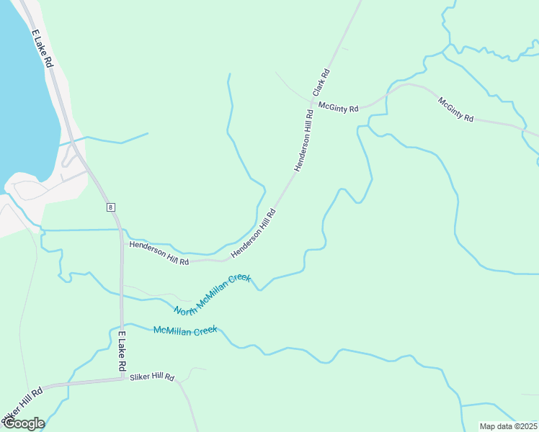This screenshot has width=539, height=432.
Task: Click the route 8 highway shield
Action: pyautogui.click(x=110, y=207)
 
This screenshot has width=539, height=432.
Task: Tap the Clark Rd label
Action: pyautogui.click(x=321, y=83)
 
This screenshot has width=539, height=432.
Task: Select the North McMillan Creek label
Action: pyautogui.click(x=212, y=294)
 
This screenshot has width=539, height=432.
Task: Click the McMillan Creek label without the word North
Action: pyautogui.click(x=185, y=330)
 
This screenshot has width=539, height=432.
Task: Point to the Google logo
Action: pyautogui.click(x=23, y=423)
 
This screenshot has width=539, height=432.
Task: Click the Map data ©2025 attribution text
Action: pyautogui.click(x=507, y=426)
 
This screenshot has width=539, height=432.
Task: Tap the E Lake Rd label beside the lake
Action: pyautogui.click(x=42, y=49)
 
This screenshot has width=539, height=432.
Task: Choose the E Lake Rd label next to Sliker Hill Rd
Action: pyautogui.click(x=122, y=352)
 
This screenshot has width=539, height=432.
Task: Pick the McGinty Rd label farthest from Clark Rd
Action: pyautogui.click(x=455, y=109)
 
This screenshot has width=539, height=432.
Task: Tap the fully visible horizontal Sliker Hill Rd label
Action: pyautogui.click(x=152, y=377)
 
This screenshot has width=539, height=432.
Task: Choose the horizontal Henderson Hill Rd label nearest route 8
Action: pyautogui.click(x=159, y=253)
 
